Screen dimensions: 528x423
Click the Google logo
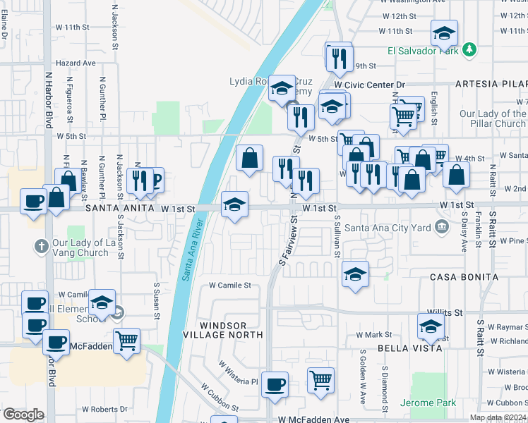(x=23, y=415)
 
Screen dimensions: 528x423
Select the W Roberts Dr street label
(x=104, y=409)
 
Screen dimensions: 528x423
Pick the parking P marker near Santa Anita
(x=155, y=180)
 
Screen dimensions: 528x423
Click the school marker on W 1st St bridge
(x=235, y=204)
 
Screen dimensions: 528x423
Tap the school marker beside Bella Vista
(x=430, y=326)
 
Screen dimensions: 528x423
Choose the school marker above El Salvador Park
(x=444, y=32)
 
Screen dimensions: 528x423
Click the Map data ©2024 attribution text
(x=498, y=417)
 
